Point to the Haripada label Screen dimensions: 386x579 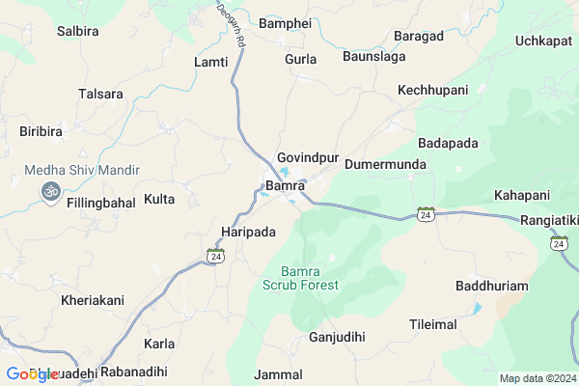tap(248, 233)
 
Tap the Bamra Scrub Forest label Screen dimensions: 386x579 tap(301, 278)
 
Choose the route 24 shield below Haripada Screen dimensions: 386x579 tap(215, 256)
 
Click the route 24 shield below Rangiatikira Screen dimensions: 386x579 tap(560, 245)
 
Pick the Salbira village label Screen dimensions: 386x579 tap(78, 31)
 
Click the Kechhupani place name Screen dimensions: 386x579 tap(432, 90)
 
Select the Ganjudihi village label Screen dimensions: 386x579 tap(337, 338)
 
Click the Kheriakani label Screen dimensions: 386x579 tap(93, 300)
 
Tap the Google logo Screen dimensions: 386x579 tap(32, 374)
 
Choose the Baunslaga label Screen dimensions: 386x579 tap(374, 58)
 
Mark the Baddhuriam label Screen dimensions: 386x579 tap(493, 288)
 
